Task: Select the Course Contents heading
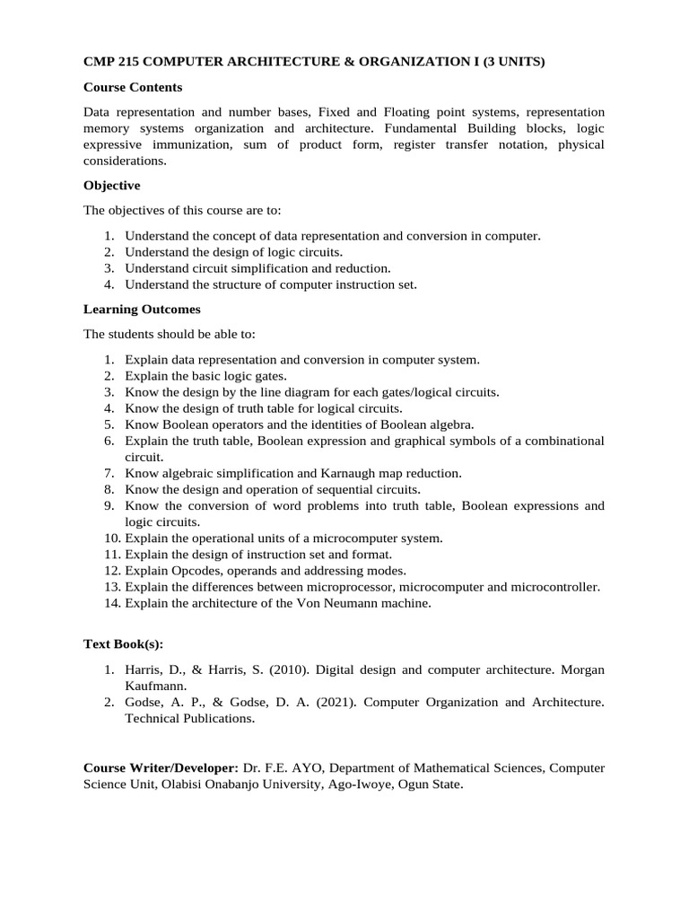133,87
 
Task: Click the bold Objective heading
111,185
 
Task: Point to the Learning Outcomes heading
142,309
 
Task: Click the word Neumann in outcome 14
346,603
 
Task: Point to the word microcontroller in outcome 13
554,587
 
